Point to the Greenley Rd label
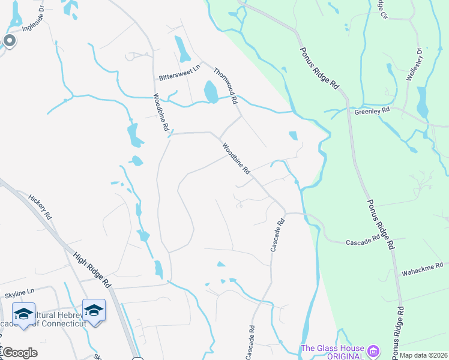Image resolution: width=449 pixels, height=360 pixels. (x=372, y=111)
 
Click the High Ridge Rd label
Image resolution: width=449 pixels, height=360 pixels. (x=92, y=267)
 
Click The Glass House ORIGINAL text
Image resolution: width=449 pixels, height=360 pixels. (x=333, y=352)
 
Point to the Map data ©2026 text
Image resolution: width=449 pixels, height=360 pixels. (x=423, y=355)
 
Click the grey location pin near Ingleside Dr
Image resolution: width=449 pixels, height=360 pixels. (x=9, y=41)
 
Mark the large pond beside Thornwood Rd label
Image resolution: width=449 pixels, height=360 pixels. (x=211, y=92)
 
